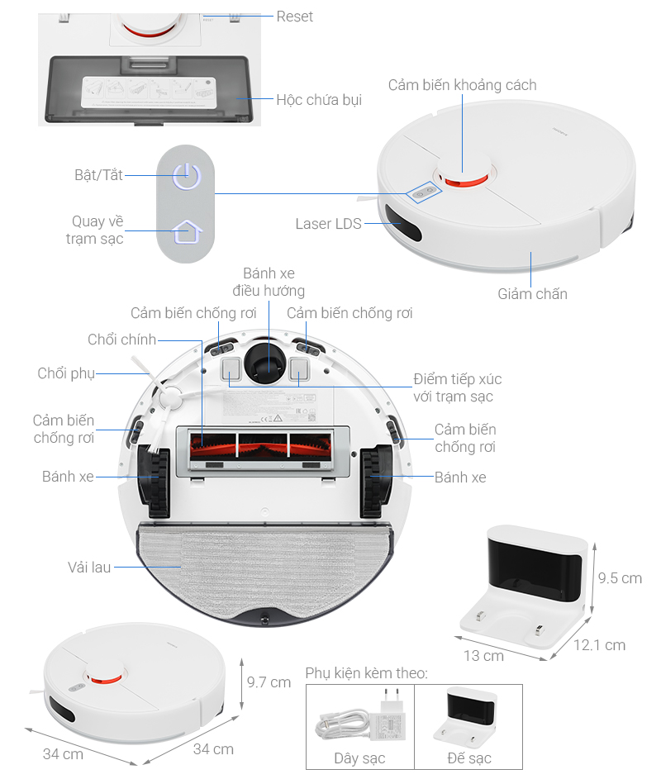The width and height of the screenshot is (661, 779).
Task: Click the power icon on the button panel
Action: [x=186, y=175]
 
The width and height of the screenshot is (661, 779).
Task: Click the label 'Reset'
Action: [x=295, y=17]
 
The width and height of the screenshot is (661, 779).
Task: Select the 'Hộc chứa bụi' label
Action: [x=319, y=100]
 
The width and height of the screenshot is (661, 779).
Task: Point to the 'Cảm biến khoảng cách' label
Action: [x=462, y=85]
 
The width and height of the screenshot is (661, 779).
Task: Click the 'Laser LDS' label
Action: [x=328, y=224]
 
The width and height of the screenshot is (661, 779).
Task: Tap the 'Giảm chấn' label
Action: [x=532, y=293]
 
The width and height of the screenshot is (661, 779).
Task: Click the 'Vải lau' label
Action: [x=89, y=568]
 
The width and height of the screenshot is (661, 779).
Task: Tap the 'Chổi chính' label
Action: [x=121, y=340]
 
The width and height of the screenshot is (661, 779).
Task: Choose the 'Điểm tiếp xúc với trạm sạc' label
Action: [x=457, y=388]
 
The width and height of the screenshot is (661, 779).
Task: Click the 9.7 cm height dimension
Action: [x=269, y=682]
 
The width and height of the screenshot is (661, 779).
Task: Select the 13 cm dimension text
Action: [x=483, y=655]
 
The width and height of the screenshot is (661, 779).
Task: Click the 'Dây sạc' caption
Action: [x=359, y=758]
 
